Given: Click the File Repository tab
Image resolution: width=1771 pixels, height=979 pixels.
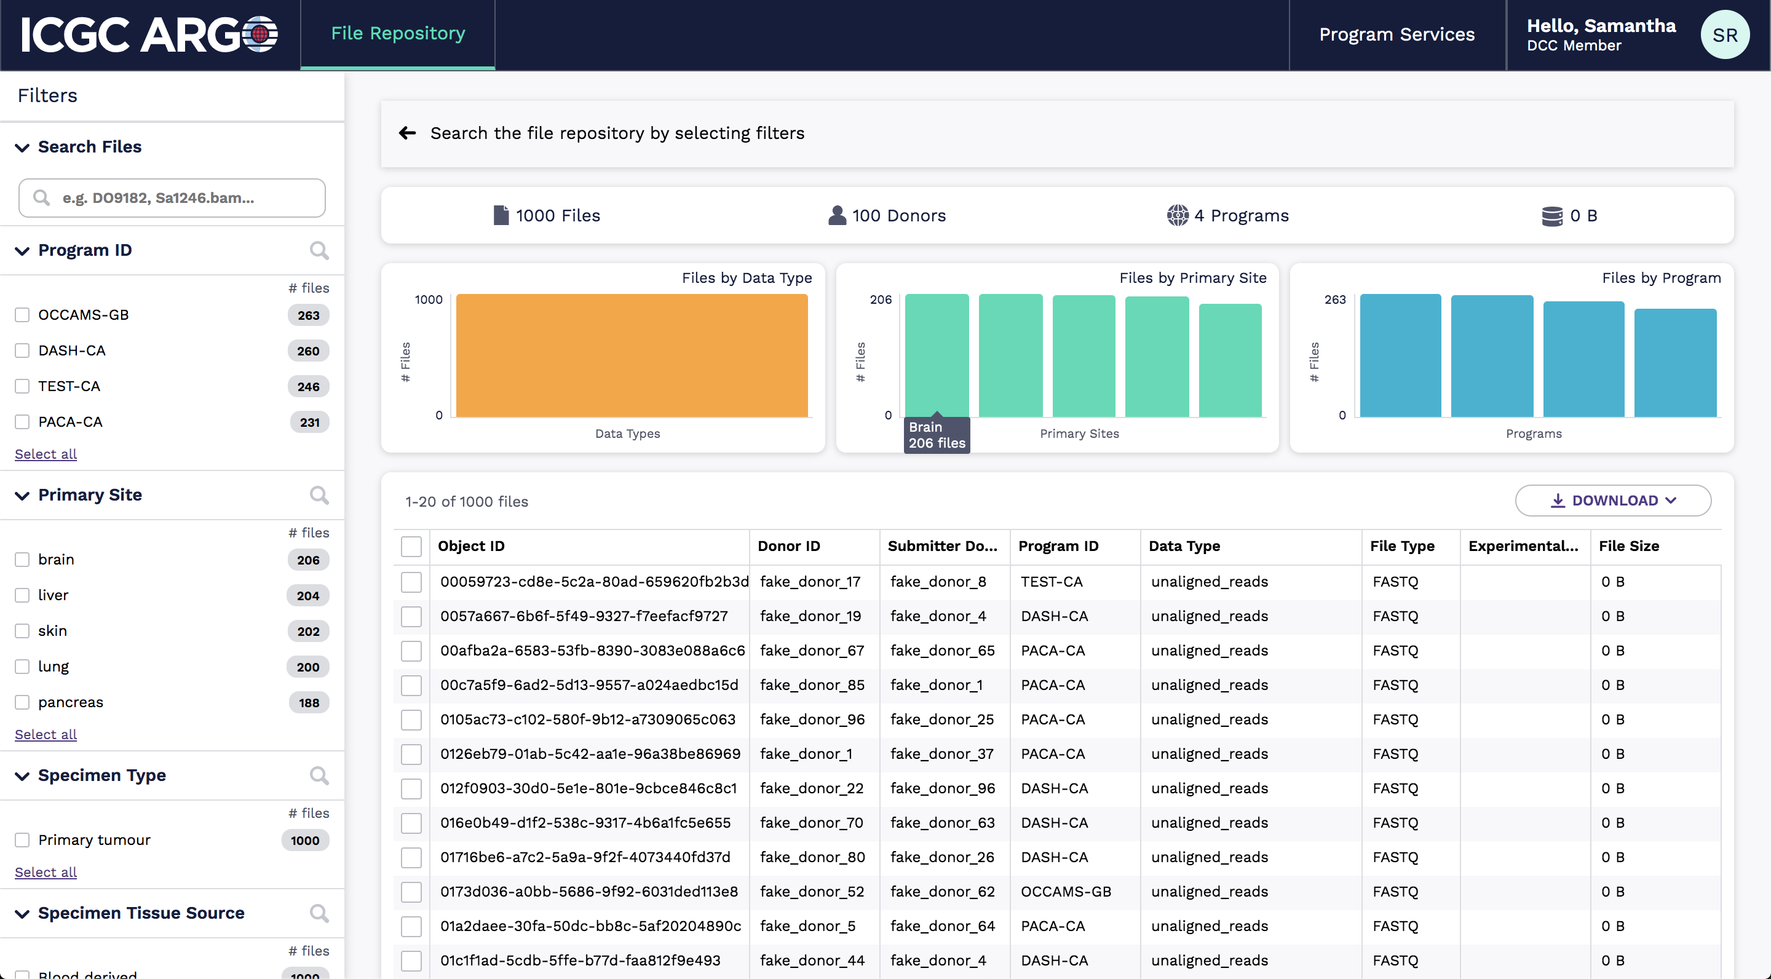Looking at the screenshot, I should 397,34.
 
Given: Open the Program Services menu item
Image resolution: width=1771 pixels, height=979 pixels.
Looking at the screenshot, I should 1397,34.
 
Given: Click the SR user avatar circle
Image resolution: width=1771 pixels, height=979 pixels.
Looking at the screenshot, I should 1724,35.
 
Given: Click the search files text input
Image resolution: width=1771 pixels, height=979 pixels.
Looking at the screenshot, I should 172,198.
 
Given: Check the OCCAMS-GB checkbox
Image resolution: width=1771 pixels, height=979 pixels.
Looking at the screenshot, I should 23,315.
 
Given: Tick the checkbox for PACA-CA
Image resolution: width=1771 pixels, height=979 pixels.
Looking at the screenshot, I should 23,422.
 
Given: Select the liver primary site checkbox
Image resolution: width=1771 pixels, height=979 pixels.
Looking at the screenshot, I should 23,595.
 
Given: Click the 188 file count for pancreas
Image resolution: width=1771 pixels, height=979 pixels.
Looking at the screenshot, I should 309,703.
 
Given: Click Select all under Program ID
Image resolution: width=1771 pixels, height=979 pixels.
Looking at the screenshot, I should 46,454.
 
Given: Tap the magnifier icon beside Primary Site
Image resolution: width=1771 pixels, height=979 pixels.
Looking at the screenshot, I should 319,495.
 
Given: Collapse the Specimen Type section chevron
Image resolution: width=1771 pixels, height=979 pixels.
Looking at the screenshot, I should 23,775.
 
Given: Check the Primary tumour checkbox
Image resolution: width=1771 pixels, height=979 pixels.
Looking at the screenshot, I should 23,840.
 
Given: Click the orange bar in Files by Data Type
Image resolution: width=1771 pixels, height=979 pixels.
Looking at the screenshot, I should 631,355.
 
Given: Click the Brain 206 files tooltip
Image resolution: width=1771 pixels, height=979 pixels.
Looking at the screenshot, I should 937,435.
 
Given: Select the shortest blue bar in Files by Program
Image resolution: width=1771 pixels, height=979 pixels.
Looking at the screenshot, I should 1674,363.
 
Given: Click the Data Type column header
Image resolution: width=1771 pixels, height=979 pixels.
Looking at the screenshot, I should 1184,546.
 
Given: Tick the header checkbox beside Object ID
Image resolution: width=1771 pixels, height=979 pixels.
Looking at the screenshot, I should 411,547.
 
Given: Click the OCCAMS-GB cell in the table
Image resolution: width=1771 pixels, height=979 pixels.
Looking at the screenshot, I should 1066,892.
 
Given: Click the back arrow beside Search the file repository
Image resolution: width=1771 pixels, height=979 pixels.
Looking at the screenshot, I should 408,133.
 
